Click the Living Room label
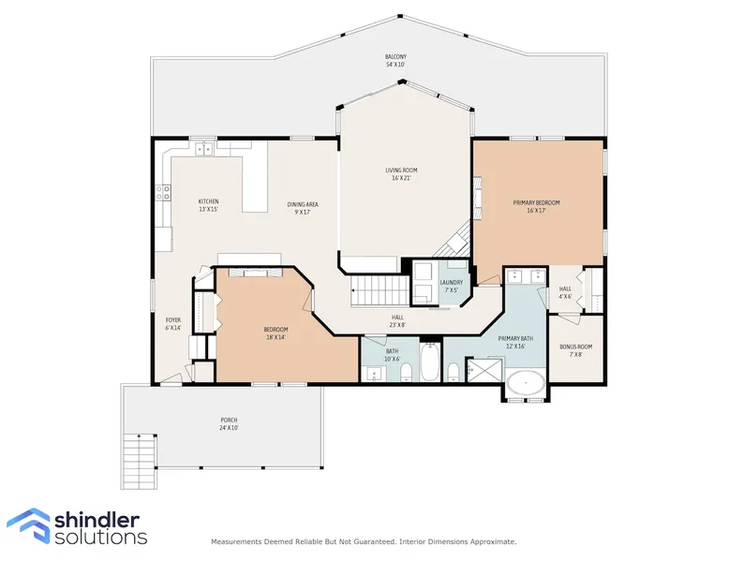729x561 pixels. pyautogui.click(x=401, y=174)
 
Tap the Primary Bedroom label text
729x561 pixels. pyautogui.click(x=536, y=206)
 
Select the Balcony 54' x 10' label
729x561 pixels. pyautogui.click(x=395, y=61)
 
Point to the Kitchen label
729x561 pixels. pyautogui.click(x=208, y=205)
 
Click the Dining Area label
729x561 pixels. pyautogui.click(x=303, y=208)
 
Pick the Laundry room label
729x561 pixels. pyautogui.click(x=451, y=286)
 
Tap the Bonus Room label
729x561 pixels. pyautogui.click(x=575, y=350)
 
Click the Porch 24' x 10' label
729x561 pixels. pyautogui.click(x=229, y=423)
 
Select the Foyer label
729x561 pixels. pyautogui.click(x=173, y=323)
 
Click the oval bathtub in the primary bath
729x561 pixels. pyautogui.click(x=526, y=383)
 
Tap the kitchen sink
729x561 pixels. pyautogui.click(x=203, y=148)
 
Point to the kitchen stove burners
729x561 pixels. pyautogui.click(x=163, y=192)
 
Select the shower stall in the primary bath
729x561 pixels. pyautogui.click(x=484, y=370)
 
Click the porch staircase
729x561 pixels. pyautogui.click(x=139, y=461)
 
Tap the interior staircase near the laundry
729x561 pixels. pyautogui.click(x=379, y=290)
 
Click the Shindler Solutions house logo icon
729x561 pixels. pyautogui.click(x=29, y=525)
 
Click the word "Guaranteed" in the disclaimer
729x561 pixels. pyautogui.click(x=373, y=541)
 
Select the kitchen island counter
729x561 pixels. pyautogui.click(x=255, y=177)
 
